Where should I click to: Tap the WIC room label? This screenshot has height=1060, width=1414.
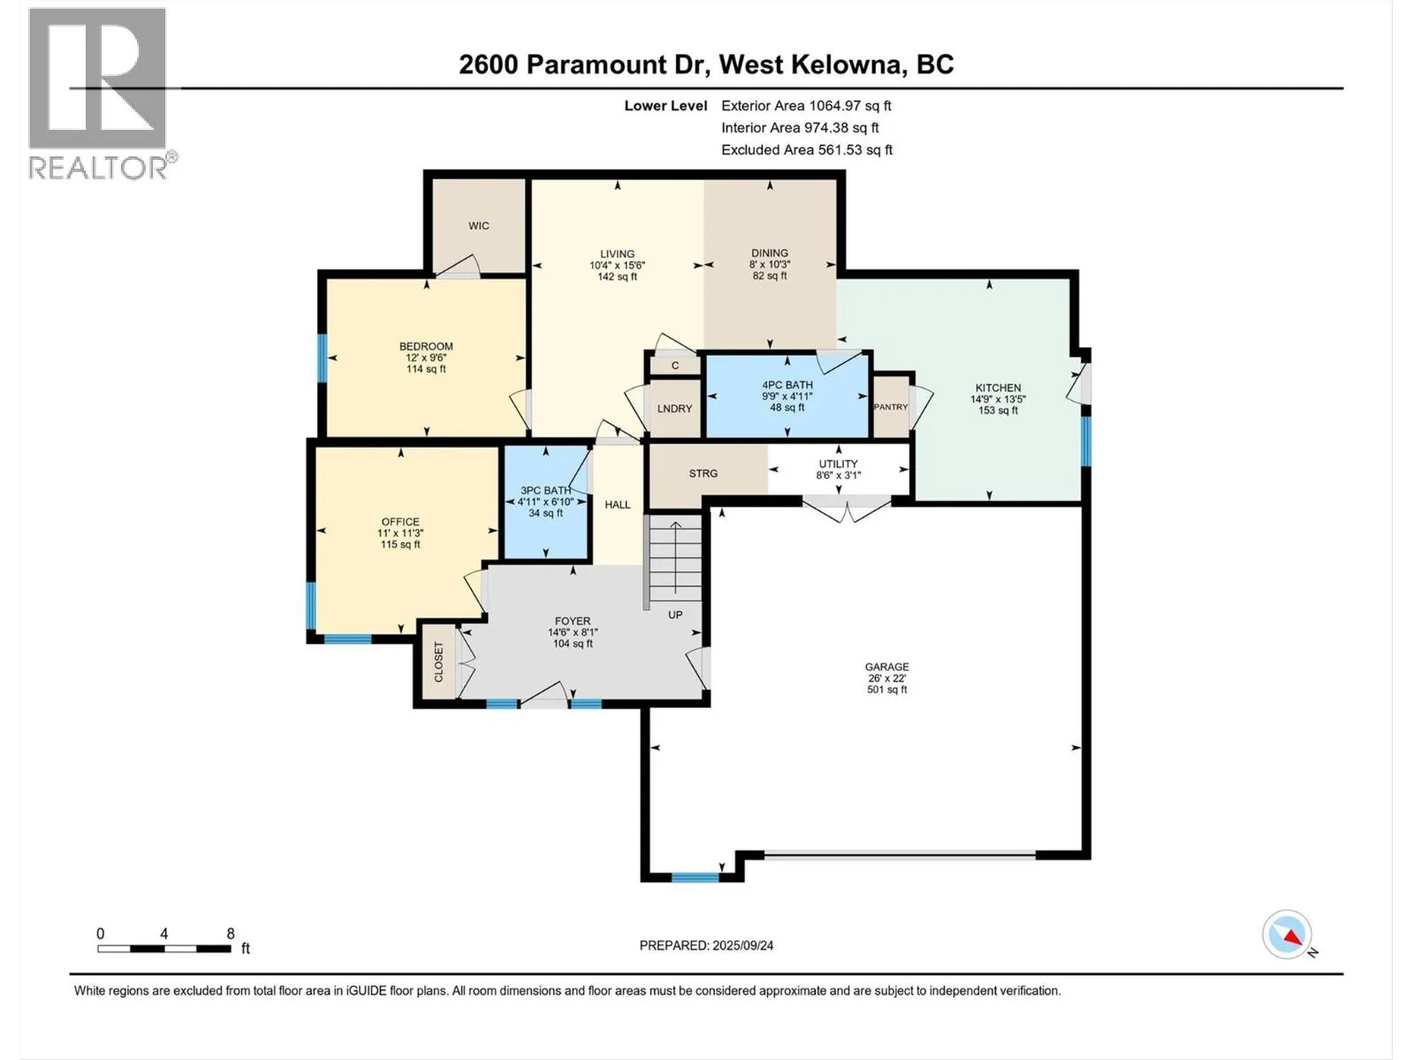tap(479, 226)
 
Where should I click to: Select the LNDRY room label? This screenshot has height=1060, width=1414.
tap(674, 409)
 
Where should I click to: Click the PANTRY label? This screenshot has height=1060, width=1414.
tap(891, 406)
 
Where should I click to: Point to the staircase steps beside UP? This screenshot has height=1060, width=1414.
tap(675, 557)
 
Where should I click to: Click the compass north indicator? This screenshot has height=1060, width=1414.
tap(1288, 935)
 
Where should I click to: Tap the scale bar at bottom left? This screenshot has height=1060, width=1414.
tap(164, 949)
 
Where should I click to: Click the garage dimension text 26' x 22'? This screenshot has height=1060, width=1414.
tap(887, 678)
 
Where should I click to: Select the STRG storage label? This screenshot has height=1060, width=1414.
tap(703, 473)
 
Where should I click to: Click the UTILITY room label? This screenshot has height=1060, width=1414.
tap(838, 464)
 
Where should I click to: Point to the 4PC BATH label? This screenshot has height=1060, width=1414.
tap(787, 385)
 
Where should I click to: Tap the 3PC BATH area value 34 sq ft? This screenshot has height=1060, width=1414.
tap(545, 513)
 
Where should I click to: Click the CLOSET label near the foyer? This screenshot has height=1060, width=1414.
tap(438, 662)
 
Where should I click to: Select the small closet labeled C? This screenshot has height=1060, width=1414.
tap(675, 366)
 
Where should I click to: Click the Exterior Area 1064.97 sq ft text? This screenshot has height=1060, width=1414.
tap(806, 106)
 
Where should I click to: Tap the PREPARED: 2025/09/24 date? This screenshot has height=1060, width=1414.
tap(706, 945)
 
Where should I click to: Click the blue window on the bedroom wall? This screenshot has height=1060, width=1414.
tap(323, 359)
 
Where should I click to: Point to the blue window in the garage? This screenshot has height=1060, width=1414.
tap(696, 877)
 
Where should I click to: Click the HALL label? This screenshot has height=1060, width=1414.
tap(617, 505)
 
